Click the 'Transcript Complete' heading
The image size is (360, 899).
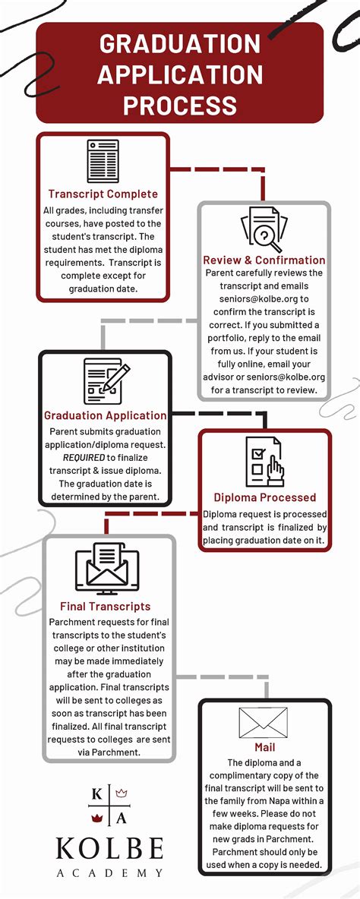[x=103, y=194]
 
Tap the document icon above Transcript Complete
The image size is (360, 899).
[x=103, y=161]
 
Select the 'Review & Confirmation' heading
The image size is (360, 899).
[x=264, y=260]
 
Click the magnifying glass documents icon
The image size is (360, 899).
[x=264, y=228]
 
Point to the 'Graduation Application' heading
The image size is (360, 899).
[x=106, y=415]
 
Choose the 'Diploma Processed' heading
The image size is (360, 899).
[x=264, y=497]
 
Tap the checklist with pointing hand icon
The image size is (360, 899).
[x=264, y=462]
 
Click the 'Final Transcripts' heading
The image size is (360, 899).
[x=105, y=607]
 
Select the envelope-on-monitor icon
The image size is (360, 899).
[x=106, y=569]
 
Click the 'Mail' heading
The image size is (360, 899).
[x=264, y=748]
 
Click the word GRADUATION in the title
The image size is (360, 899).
[x=180, y=44]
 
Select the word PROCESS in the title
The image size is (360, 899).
[x=180, y=104]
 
